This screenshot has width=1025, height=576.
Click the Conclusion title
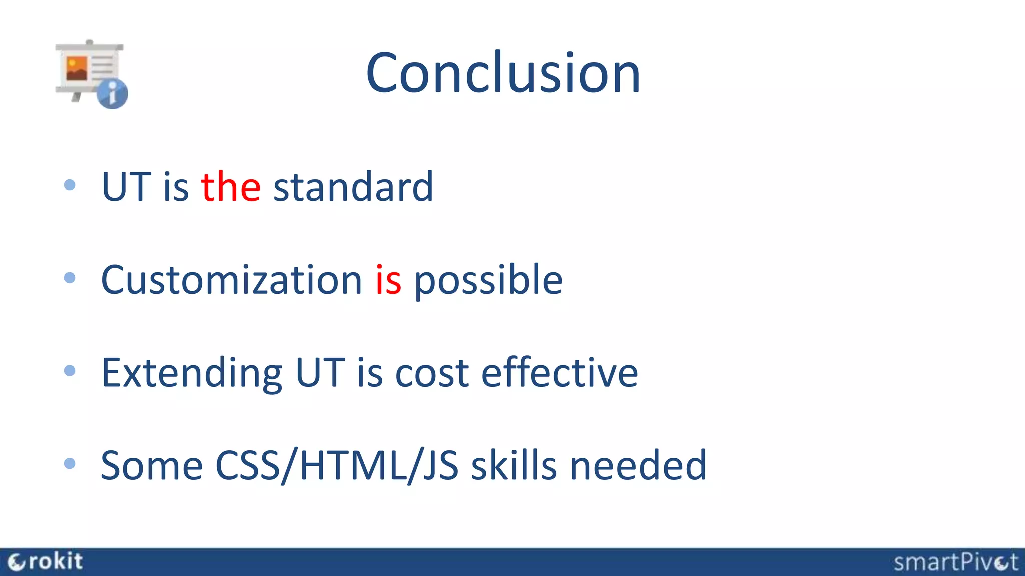tap(503, 73)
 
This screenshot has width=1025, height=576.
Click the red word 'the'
tap(231, 187)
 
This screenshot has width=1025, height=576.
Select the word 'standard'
tap(353, 187)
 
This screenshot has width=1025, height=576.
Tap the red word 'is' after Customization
tap(388, 280)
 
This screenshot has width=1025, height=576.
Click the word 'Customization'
tap(231, 280)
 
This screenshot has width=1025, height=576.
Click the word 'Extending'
tap(192, 373)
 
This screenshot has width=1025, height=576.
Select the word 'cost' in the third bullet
tap(432, 373)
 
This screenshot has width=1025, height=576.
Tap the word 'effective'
tap(559, 372)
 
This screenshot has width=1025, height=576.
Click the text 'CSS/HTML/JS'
tap(336, 466)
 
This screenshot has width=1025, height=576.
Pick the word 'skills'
tap(514, 466)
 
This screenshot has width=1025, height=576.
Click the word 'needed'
tap(638, 466)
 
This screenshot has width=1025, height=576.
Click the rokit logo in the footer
tap(45, 562)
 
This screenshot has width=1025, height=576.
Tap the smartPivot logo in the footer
tap(955, 562)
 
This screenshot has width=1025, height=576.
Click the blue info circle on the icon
tap(112, 93)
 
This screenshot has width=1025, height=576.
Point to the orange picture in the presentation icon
tap(77, 69)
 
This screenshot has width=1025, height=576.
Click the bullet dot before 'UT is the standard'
tap(70, 185)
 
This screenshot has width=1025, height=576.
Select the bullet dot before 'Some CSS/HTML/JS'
tap(70, 464)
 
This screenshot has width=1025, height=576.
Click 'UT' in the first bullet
tap(126, 187)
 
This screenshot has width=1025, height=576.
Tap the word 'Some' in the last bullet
tap(151, 466)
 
